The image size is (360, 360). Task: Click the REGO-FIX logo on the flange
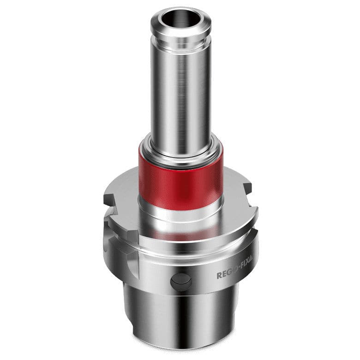234,276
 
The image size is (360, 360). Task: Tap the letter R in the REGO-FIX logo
219,276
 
